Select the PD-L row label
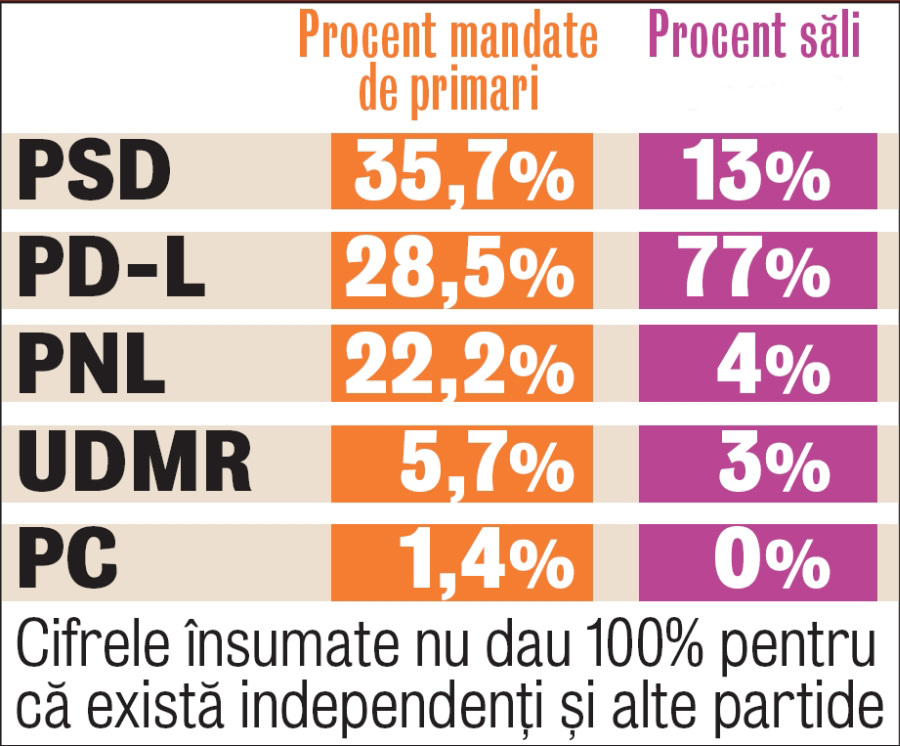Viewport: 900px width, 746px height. (x=112, y=271)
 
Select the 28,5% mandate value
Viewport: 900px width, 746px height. (x=462, y=271)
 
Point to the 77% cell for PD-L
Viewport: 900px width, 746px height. (x=758, y=271)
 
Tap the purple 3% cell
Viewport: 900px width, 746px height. (x=770, y=462)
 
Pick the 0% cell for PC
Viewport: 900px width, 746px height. (x=770, y=556)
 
